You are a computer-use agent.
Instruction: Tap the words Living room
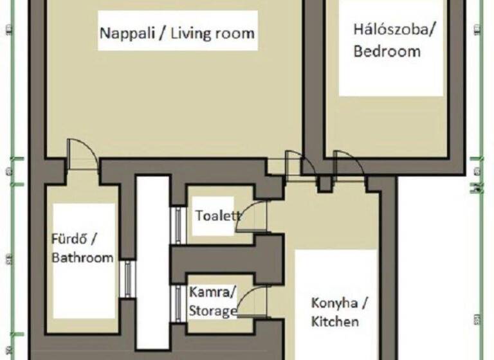coord(213,32)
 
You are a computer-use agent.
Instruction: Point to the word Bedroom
coord(387,51)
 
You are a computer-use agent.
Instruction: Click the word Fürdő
coord(73,240)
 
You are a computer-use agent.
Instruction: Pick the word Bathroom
coord(83,258)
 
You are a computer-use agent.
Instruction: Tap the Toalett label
coord(217,216)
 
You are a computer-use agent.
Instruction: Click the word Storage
coord(213,311)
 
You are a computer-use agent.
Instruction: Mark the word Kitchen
coord(335,321)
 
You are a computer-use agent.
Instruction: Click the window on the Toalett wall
coord(178,225)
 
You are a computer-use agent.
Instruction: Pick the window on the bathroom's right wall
coord(129,278)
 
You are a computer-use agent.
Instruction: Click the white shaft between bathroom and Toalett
coord(152,257)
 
